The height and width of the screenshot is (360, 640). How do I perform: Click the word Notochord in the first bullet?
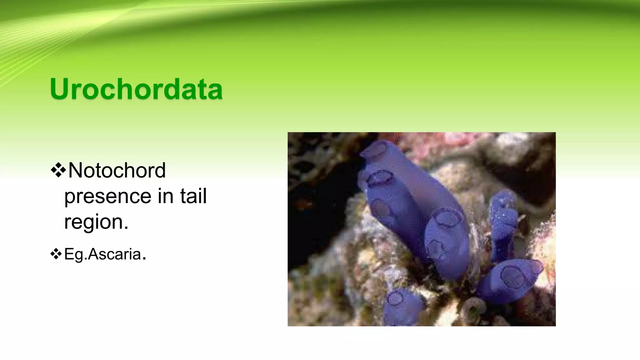(x=117, y=171)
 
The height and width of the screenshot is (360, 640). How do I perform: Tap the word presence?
(x=108, y=196)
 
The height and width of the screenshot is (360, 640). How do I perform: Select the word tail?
(x=193, y=196)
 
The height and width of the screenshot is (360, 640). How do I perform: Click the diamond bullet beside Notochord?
(x=58, y=170)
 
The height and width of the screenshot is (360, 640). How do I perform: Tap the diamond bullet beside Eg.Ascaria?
(x=56, y=254)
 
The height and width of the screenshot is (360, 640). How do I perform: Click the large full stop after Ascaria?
(x=144, y=258)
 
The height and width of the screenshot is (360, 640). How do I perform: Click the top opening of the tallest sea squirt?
(x=374, y=149)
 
